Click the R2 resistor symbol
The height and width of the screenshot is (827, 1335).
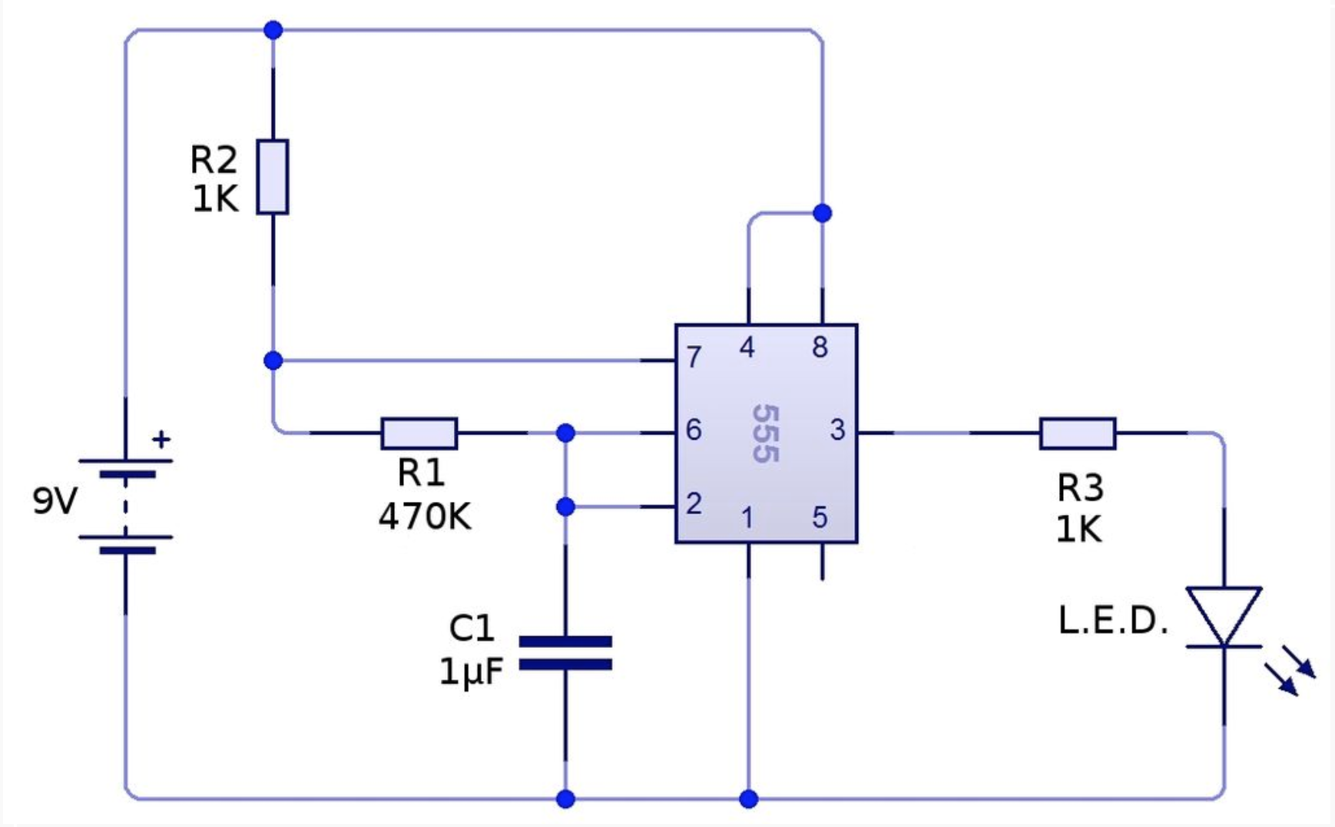(273, 176)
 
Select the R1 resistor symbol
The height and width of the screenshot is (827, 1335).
(419, 433)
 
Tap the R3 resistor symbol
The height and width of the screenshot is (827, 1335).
(1078, 433)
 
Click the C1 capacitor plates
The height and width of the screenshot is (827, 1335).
(566, 653)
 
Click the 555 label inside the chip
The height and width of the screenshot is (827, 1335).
(765, 433)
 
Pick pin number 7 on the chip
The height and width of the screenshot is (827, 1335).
(694, 357)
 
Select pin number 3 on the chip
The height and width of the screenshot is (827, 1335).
(837, 430)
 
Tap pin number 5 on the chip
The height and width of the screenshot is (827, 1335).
(820, 517)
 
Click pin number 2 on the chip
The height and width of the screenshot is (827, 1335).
(694, 503)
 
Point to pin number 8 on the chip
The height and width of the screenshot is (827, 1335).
(820, 347)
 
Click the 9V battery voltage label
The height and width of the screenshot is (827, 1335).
(55, 501)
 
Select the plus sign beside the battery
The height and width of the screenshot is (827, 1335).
(161, 440)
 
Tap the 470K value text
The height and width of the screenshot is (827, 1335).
(424, 516)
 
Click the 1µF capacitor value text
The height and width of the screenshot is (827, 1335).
(471, 671)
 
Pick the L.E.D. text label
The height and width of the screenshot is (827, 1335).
(1113, 620)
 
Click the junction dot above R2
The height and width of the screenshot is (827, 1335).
(273, 31)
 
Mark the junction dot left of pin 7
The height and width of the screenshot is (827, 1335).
(273, 360)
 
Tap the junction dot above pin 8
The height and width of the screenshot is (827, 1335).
(822, 213)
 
